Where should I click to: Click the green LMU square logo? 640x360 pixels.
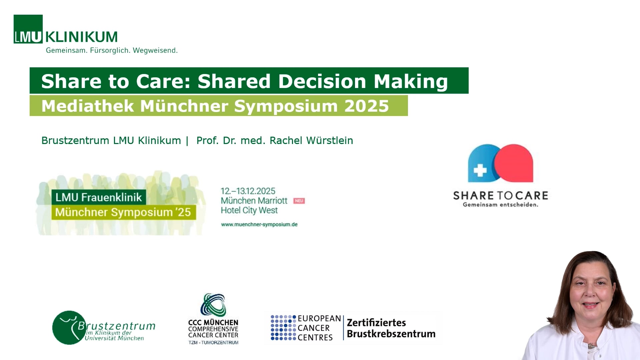28,29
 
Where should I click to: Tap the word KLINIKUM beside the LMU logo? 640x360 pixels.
81,37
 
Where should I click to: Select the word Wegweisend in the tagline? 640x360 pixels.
155,51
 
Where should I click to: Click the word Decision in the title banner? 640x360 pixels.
322,81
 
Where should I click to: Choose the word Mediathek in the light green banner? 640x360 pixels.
88,106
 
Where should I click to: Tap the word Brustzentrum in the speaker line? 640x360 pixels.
75,140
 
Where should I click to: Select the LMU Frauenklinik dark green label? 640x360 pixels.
99,197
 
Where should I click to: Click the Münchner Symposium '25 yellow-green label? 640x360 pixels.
123,212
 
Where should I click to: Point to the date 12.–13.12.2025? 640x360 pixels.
248,191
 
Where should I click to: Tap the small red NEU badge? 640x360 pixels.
299,201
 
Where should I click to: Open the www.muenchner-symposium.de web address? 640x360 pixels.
259,224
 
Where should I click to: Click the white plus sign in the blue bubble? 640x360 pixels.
480,170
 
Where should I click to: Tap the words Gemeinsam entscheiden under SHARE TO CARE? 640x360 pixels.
500,205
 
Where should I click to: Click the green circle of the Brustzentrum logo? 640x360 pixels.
69,328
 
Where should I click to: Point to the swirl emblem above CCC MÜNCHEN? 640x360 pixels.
213,305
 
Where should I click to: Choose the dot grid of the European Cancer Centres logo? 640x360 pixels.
283,328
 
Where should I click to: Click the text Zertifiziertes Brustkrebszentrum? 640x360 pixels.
391,328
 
